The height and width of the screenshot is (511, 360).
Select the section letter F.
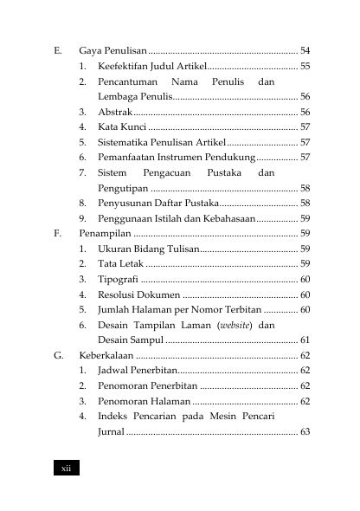(57, 233)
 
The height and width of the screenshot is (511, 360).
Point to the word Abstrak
(115, 112)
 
